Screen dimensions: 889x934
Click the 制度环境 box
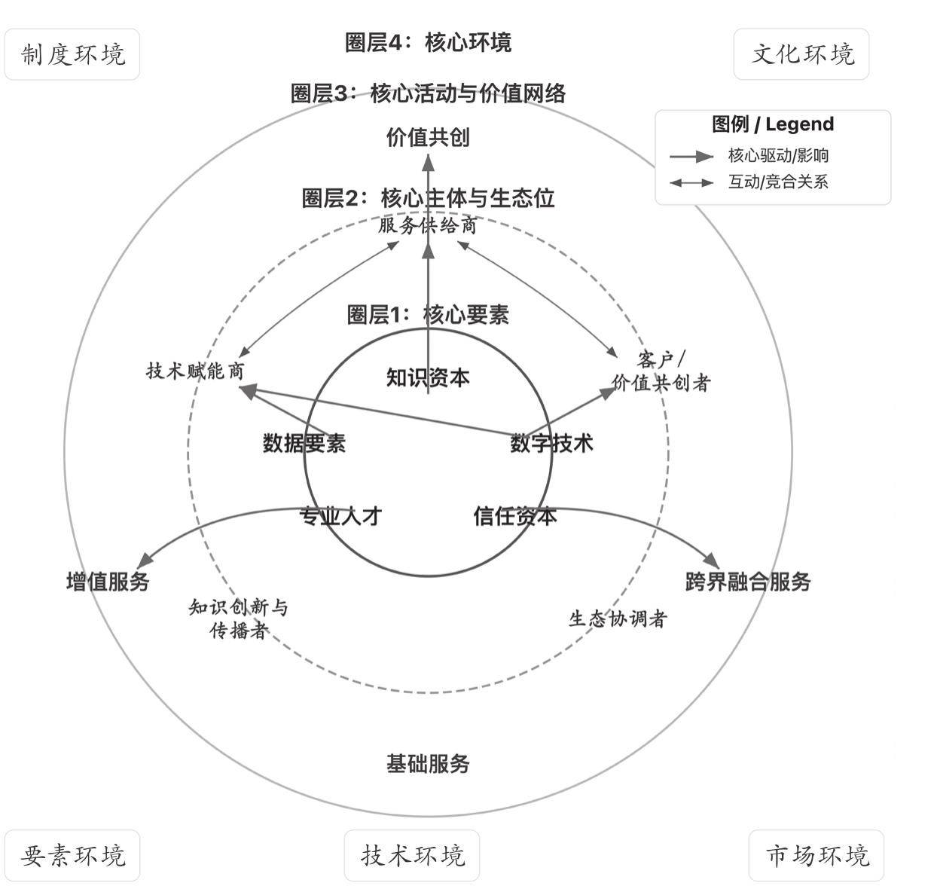[x=72, y=54]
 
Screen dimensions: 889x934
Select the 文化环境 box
[x=801, y=54]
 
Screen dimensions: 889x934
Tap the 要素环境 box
[x=72, y=856]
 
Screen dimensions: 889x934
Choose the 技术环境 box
[x=412, y=856]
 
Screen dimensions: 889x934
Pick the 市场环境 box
[x=816, y=856]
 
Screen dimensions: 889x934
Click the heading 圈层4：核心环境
[x=428, y=42]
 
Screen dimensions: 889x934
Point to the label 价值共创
[x=428, y=137]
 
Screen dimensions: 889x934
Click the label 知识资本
[x=428, y=377]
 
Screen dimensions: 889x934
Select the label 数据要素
[x=304, y=443]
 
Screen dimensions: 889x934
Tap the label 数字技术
[x=551, y=443]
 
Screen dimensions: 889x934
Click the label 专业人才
[x=340, y=516]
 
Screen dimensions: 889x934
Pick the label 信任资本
[x=515, y=516]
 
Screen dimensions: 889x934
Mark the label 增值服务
[x=108, y=582]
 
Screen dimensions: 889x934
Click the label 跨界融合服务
[x=748, y=582]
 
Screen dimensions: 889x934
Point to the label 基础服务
[x=428, y=764]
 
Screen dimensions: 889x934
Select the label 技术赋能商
[x=195, y=371]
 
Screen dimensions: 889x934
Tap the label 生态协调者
[x=618, y=619]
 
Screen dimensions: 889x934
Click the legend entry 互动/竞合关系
[x=778, y=182]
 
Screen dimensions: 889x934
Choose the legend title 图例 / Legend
[x=773, y=124]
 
